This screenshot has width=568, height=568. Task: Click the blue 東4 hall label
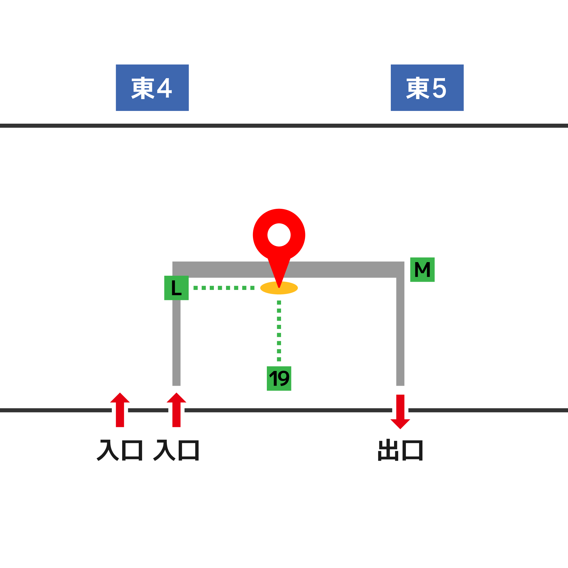point(152,88)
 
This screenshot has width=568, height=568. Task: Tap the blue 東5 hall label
point(427,88)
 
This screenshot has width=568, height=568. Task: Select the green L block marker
point(176,288)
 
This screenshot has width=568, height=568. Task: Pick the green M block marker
point(422,270)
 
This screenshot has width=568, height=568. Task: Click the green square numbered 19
point(279,378)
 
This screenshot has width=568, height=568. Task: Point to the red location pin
point(279,237)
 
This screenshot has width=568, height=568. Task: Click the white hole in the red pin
point(279,235)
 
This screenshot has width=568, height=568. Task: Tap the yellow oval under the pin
point(291,288)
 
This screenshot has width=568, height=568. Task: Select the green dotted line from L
point(224,288)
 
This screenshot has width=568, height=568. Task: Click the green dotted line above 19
point(279,331)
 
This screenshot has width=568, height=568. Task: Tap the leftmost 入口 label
point(120,450)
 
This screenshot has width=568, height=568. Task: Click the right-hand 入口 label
point(176,450)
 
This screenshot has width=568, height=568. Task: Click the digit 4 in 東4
point(164,88)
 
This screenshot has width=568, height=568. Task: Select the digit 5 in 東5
point(439,88)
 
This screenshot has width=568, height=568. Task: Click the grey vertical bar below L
point(176,343)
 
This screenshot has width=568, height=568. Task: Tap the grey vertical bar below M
point(400,331)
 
